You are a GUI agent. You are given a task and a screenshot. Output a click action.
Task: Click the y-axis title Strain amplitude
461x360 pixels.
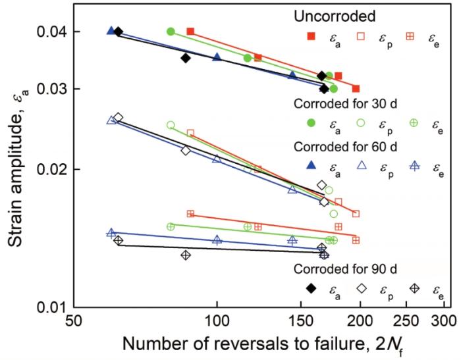(x=18, y=171)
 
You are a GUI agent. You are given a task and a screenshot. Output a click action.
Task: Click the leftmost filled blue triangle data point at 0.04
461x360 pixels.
(x=111, y=31)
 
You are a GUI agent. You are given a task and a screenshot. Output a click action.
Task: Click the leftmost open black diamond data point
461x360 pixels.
(x=119, y=117)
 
